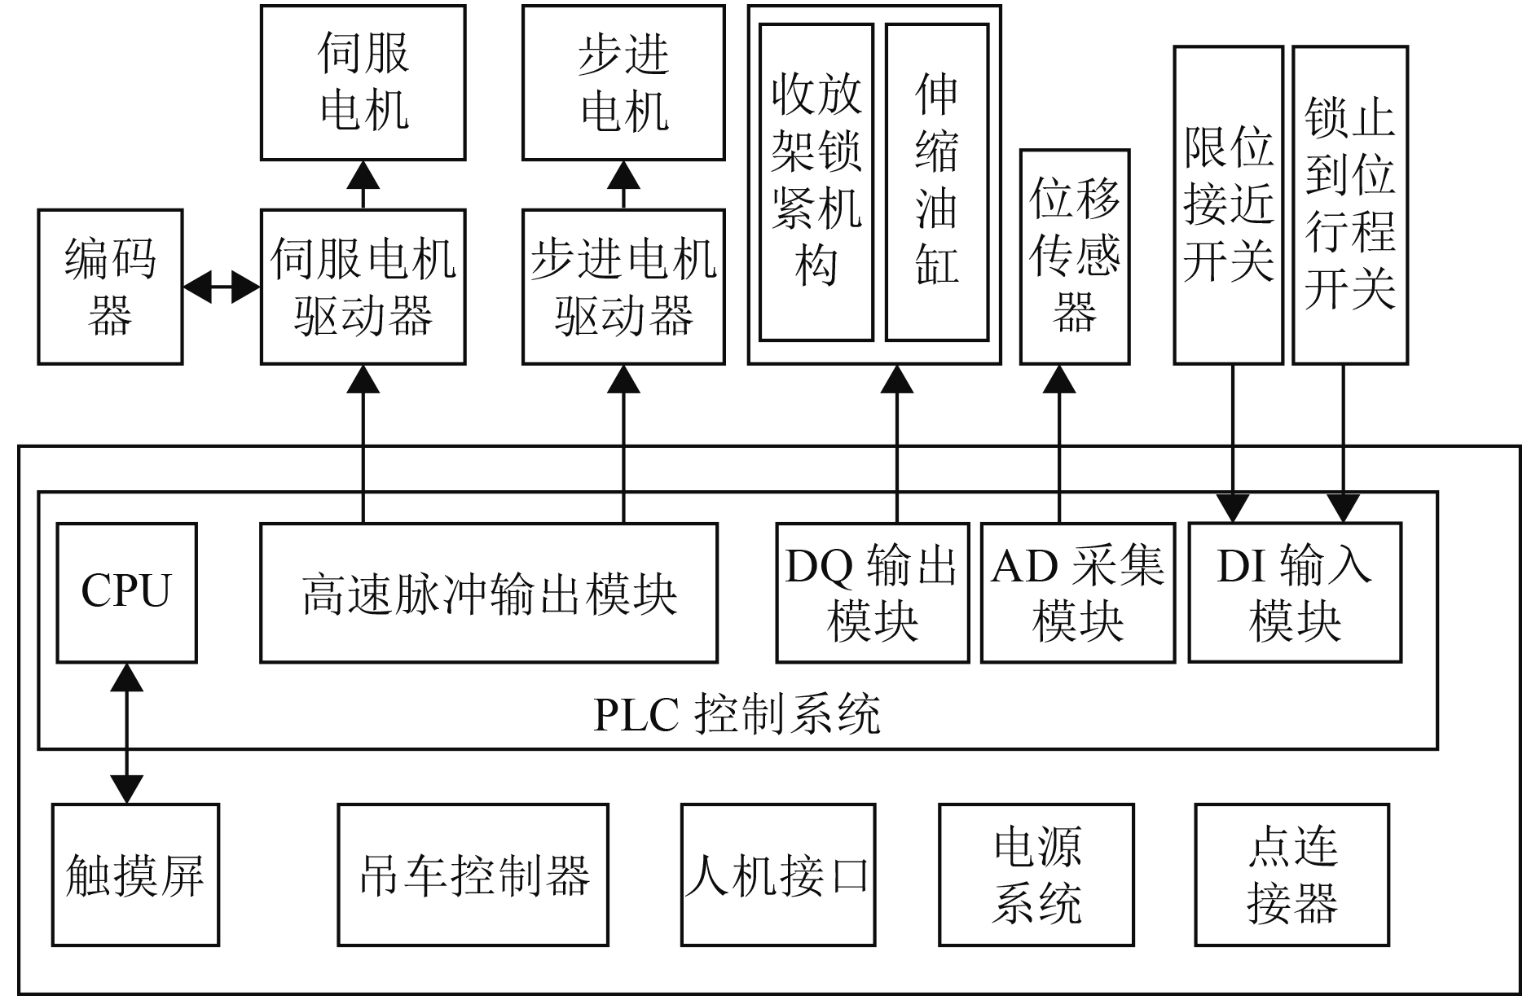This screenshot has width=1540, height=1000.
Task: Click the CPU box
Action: point(126,592)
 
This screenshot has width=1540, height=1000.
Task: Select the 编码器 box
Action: point(110,287)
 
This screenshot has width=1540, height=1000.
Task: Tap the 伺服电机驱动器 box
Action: point(363,287)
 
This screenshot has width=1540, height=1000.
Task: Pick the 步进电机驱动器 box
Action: point(623,287)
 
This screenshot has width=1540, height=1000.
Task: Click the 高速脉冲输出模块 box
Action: point(489,592)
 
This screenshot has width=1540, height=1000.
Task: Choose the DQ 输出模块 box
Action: point(873,592)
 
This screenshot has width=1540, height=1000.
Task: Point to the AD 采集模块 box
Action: point(1078,592)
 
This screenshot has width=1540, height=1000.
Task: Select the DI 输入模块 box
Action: point(1295,592)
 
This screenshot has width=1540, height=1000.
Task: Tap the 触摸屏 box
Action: point(135,875)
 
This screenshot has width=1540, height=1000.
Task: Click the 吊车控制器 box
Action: point(473,875)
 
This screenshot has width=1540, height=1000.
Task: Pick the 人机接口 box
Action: point(778,875)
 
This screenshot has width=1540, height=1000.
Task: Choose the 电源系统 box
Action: point(1036,875)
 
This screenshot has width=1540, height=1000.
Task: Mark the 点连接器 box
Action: point(1292,875)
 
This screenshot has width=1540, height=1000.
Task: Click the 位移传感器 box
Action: point(1075,257)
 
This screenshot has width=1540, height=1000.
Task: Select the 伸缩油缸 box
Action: point(937,182)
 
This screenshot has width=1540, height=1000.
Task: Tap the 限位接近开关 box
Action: point(1229,205)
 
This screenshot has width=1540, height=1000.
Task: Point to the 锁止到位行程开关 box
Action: point(1350,205)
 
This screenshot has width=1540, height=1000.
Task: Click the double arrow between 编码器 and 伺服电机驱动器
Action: point(222,287)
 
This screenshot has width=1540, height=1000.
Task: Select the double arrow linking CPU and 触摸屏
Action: point(126,734)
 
